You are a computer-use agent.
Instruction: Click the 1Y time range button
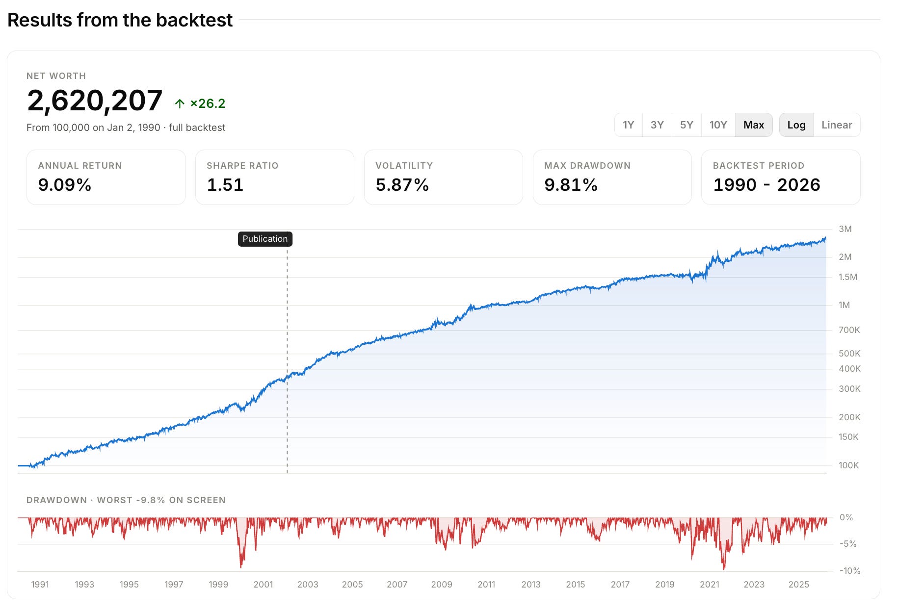click(628, 125)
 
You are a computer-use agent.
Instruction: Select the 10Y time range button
click(718, 125)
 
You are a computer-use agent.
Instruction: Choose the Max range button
click(754, 125)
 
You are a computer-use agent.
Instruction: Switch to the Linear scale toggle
click(837, 125)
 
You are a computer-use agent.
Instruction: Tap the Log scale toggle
click(796, 125)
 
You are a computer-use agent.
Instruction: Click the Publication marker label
click(265, 239)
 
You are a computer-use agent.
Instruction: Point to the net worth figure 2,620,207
click(95, 101)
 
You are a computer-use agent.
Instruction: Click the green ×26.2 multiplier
click(208, 103)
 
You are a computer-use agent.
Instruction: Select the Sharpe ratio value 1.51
click(225, 185)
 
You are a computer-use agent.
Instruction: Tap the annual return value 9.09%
click(65, 185)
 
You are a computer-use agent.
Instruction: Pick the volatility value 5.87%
click(402, 185)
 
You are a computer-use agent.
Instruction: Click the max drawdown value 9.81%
click(571, 185)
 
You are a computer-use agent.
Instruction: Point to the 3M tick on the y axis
click(845, 229)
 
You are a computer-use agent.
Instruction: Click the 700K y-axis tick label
click(849, 330)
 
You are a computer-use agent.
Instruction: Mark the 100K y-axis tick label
click(848, 465)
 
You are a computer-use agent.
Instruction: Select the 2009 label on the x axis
click(442, 585)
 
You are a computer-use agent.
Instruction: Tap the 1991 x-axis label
click(40, 585)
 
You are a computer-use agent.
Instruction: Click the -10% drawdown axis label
click(850, 571)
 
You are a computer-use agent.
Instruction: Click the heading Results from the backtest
click(120, 20)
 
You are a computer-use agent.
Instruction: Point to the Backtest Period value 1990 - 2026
click(766, 185)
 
